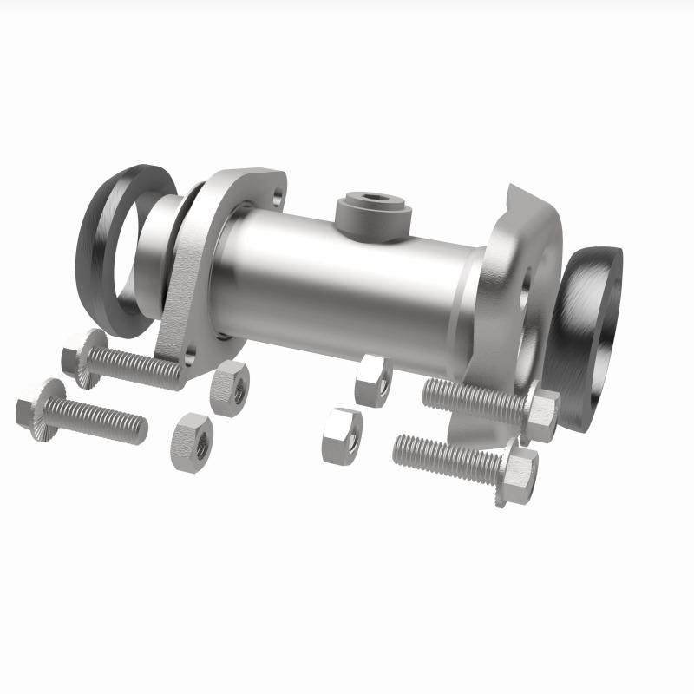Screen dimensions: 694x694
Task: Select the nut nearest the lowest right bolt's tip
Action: pos(342,435)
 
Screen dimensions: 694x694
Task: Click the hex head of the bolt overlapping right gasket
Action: pos(540,413)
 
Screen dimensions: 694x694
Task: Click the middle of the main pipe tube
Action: pos(347,278)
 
